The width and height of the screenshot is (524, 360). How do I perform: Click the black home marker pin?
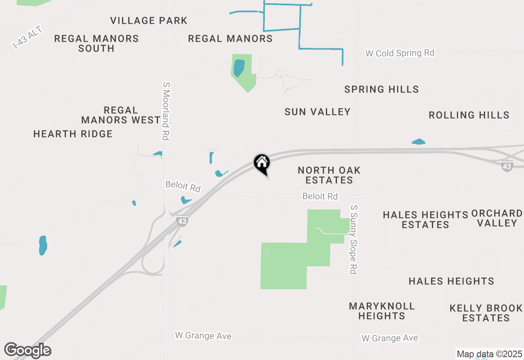click(262, 164)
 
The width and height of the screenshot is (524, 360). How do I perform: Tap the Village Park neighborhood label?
click(149, 20)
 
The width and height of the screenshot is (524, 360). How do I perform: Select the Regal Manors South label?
click(97, 43)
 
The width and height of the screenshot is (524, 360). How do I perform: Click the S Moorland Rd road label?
click(166, 111)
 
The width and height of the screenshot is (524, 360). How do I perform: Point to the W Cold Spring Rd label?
click(400, 53)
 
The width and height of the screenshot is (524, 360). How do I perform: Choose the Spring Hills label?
click(382, 89)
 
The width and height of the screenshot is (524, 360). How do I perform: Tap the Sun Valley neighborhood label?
click(318, 112)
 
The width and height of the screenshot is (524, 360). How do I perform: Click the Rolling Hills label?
click(469, 115)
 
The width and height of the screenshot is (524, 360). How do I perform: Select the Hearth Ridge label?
click(73, 134)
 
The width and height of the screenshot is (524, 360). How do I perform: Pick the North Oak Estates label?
click(329, 175)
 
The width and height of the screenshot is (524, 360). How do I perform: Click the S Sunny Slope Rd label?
click(354, 239)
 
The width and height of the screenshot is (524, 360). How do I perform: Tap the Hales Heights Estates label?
click(425, 220)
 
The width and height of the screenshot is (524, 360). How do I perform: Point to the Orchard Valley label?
click(497, 218)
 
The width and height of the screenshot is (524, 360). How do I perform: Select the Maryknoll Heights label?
click(382, 311)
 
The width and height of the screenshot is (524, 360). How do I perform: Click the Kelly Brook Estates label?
click(486, 313)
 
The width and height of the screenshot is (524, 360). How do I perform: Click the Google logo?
click(28, 351)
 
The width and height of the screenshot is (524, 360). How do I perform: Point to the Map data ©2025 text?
click(489, 354)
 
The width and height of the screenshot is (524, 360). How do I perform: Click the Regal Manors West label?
click(121, 115)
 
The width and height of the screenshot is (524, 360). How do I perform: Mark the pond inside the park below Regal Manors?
click(239, 67)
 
